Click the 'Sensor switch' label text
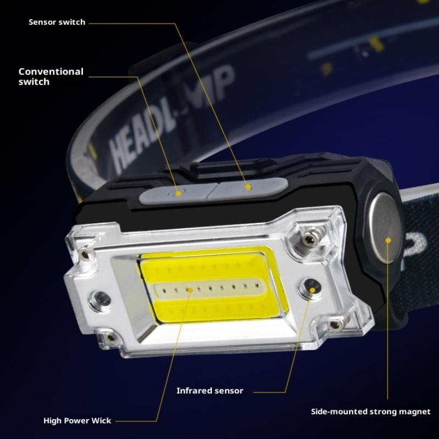(57, 22)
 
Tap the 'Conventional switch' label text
(51, 76)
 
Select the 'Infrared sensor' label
(210, 391)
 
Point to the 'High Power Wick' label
(77, 420)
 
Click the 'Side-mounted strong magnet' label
(371, 412)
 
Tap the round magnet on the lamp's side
(386, 228)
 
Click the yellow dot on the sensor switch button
(248, 187)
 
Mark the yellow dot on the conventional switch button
(178, 193)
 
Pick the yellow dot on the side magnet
(388, 240)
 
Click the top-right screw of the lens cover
(309, 238)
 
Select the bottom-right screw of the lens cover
(336, 325)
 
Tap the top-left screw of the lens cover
(84, 254)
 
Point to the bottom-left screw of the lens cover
(110, 338)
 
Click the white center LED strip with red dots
(210, 289)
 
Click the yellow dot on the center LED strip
(190, 290)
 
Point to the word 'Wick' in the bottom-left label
(101, 420)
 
